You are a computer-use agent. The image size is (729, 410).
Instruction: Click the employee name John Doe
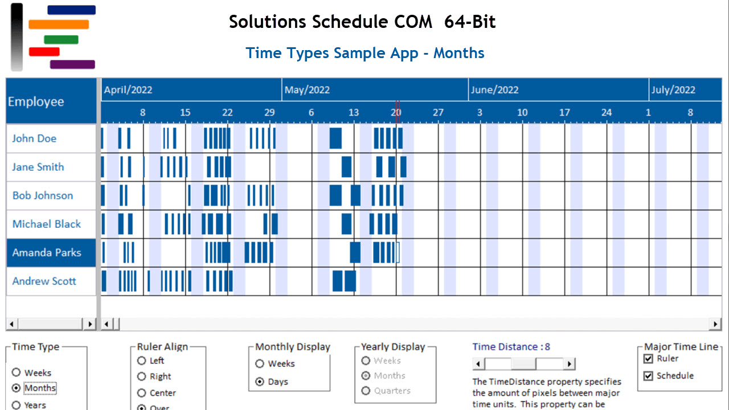(x=34, y=138)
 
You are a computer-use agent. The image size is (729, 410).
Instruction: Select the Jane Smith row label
(x=38, y=167)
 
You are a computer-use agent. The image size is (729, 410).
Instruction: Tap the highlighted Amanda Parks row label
(x=47, y=252)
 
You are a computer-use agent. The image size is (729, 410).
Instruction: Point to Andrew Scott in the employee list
(x=44, y=281)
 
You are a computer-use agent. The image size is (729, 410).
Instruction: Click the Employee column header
(x=36, y=102)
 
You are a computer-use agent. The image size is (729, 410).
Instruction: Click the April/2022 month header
(x=128, y=90)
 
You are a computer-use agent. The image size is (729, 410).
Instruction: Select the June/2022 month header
(x=494, y=90)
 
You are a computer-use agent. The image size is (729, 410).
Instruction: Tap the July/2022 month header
(x=673, y=90)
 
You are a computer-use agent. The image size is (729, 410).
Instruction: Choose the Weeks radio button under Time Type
(x=16, y=372)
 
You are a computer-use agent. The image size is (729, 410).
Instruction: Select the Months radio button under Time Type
(x=16, y=388)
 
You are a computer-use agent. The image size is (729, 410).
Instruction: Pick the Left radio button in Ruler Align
(x=142, y=360)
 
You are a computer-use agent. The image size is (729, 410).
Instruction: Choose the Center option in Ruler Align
(x=142, y=393)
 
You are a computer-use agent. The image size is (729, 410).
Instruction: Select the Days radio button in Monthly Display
(x=260, y=382)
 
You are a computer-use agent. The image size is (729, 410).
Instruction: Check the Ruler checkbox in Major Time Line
(x=648, y=359)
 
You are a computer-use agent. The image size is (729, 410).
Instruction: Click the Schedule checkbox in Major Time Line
(x=648, y=376)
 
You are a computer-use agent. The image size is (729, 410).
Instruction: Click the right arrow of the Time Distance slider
(x=569, y=364)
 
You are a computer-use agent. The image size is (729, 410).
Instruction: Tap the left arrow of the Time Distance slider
(x=479, y=364)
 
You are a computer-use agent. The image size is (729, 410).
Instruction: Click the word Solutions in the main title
(x=268, y=22)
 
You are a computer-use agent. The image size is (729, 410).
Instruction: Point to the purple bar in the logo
(x=72, y=64)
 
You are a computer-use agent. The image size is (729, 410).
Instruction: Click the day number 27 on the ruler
(x=437, y=113)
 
